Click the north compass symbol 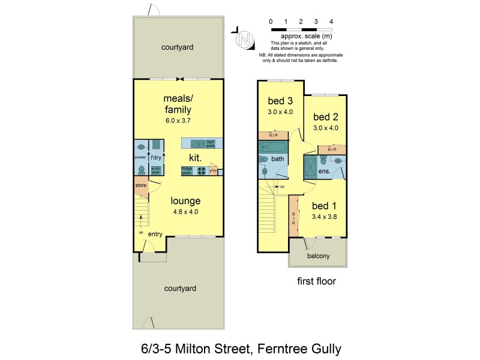[243, 39]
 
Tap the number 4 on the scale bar [331, 22]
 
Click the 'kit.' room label [194, 157]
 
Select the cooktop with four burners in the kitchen [202, 170]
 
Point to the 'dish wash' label [211, 143]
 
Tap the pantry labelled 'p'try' [213, 170]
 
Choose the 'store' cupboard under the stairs [140, 185]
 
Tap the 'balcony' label [318, 256]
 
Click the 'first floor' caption [316, 281]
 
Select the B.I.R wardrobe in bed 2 [331, 149]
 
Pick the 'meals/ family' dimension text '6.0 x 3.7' [178, 121]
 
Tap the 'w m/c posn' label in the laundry [155, 170]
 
